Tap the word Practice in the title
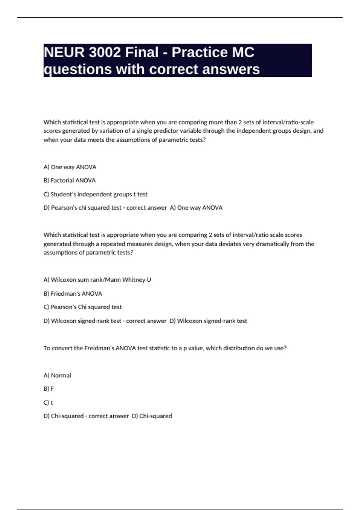199,52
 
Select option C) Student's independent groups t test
95,194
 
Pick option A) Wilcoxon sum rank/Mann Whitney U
97,280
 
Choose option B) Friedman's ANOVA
73,293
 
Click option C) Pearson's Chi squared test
82,307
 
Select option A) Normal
57,375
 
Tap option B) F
49,389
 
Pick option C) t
48,403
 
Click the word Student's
63,194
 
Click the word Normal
61,375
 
